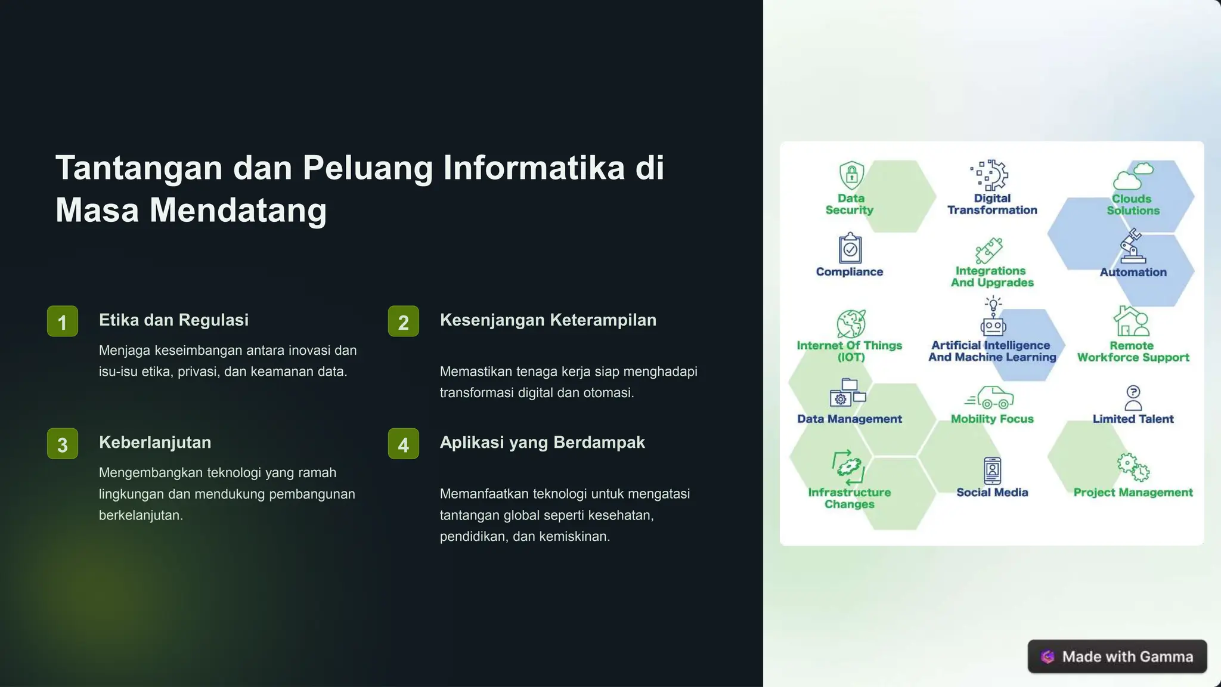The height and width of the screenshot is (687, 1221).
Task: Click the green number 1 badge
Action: coord(63,321)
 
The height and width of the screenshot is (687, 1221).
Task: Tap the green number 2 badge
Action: coord(404,321)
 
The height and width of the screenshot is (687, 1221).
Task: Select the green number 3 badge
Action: coord(63,444)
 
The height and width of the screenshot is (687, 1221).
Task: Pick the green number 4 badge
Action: coord(404,444)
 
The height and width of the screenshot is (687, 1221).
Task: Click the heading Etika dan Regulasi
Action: coord(173,320)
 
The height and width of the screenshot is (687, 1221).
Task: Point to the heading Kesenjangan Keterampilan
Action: coord(548,320)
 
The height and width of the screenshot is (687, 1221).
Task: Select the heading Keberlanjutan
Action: coord(155,442)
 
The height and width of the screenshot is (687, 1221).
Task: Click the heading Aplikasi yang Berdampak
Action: coord(542,442)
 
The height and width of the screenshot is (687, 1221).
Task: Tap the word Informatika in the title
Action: coord(534,168)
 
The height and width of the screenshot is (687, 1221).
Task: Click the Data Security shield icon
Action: coord(851,175)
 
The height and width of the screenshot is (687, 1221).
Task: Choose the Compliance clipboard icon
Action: coord(850,248)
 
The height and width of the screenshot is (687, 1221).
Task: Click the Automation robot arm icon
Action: coord(1132,246)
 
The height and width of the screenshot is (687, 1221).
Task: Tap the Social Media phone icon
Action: coord(993,471)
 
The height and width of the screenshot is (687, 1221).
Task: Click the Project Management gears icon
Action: coord(1133,467)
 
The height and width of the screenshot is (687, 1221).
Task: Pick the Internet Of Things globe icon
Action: coord(851,324)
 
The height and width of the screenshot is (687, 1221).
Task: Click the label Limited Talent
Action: coord(1133,419)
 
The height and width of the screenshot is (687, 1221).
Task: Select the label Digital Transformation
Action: coord(992,204)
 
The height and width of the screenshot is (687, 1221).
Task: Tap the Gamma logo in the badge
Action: coord(1048,657)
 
